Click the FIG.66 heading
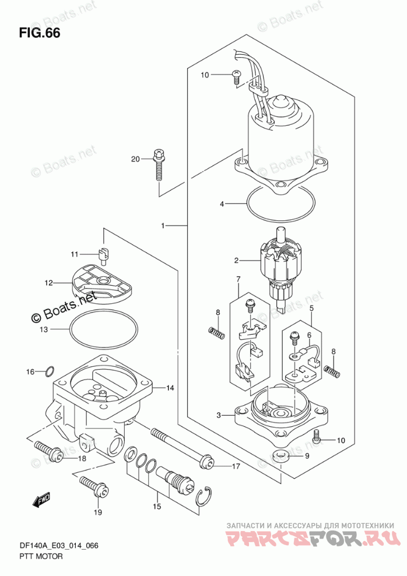[x=39, y=33]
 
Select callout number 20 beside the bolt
[x=135, y=159]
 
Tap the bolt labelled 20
[x=159, y=165]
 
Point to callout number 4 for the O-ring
[x=222, y=204]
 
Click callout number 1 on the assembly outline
[x=163, y=226]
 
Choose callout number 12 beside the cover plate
[x=48, y=283]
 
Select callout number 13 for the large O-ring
[x=44, y=329]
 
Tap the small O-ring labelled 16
[x=50, y=371]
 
